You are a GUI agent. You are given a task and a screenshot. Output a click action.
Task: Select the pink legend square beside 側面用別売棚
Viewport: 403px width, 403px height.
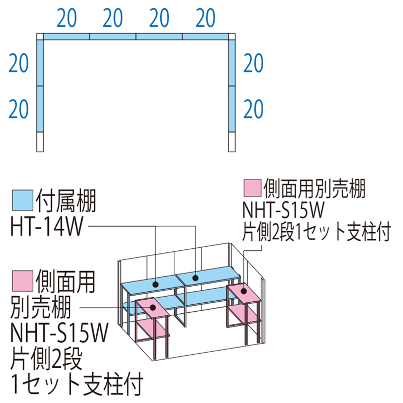tap(251, 188)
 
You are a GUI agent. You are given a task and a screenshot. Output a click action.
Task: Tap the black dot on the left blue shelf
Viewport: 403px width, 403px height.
tap(156, 285)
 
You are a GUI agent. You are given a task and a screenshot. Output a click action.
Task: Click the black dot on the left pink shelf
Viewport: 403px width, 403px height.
tap(150, 306)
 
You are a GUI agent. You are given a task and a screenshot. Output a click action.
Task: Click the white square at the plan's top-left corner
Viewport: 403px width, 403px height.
tap(40, 37)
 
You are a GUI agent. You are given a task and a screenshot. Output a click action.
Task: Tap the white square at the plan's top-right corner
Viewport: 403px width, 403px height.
tap(232, 37)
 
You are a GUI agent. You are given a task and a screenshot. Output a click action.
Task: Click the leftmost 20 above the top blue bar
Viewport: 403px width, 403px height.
tap(67, 19)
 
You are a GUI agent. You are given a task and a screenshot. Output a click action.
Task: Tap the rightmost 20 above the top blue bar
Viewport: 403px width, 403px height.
tap(205, 19)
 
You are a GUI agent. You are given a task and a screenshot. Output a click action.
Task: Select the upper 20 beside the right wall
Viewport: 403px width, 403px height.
tap(253, 64)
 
